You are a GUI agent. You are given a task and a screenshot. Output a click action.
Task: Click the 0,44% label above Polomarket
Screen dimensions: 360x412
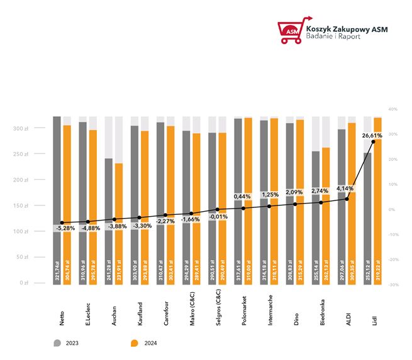[x=243, y=197]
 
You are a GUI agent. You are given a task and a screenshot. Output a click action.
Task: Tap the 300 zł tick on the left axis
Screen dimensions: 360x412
[x=21, y=128]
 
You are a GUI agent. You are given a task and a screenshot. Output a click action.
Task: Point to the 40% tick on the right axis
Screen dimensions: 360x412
[x=394, y=109]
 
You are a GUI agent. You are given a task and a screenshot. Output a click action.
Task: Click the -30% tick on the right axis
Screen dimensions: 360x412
[x=393, y=285]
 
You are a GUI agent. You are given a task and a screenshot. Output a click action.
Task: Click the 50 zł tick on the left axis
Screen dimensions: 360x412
[x=23, y=258]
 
